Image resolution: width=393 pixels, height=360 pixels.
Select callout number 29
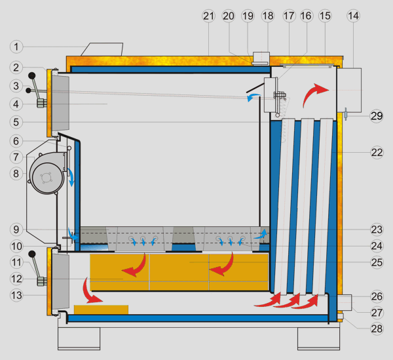coord(375,116)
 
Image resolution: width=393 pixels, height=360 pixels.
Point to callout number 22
coord(375,152)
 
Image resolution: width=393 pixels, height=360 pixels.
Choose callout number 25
coord(375,262)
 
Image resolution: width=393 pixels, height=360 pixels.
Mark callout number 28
coord(375,327)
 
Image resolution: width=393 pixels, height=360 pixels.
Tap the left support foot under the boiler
coord(79,338)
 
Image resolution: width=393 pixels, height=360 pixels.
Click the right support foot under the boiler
coord(318,338)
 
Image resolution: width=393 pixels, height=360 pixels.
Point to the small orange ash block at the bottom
coord(101,308)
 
